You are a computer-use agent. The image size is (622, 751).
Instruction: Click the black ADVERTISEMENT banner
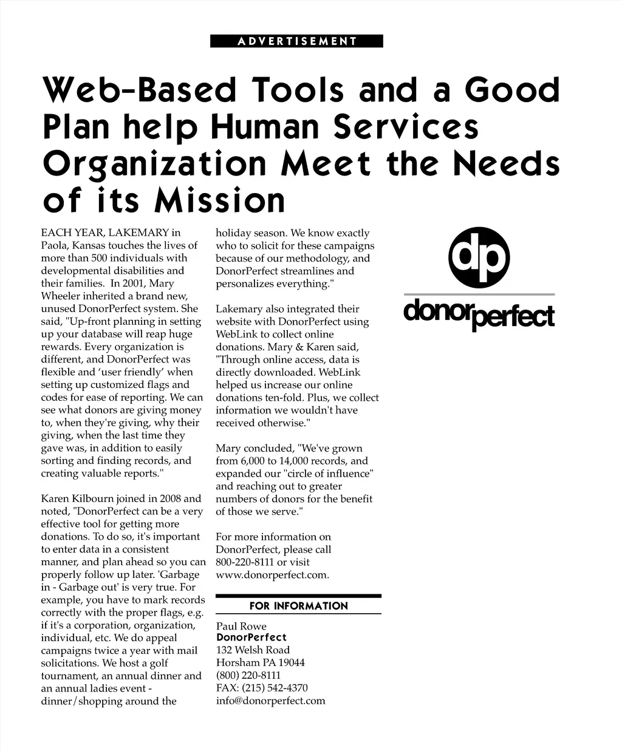(x=296, y=41)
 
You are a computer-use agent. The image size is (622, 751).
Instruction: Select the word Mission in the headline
(x=220, y=201)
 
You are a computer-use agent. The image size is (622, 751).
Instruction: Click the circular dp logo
(x=479, y=257)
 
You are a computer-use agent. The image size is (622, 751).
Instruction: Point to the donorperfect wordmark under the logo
(x=479, y=314)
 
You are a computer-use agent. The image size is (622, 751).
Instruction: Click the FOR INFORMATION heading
(x=298, y=606)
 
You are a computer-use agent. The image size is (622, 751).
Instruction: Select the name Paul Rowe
(x=241, y=626)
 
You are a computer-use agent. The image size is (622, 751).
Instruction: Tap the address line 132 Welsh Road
(x=253, y=650)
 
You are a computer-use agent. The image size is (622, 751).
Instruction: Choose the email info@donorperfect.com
(x=270, y=701)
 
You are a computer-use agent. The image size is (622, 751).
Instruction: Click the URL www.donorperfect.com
(x=272, y=574)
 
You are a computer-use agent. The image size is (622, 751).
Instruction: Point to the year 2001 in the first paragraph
(x=134, y=284)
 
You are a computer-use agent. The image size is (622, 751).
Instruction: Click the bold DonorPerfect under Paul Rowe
(x=251, y=637)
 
